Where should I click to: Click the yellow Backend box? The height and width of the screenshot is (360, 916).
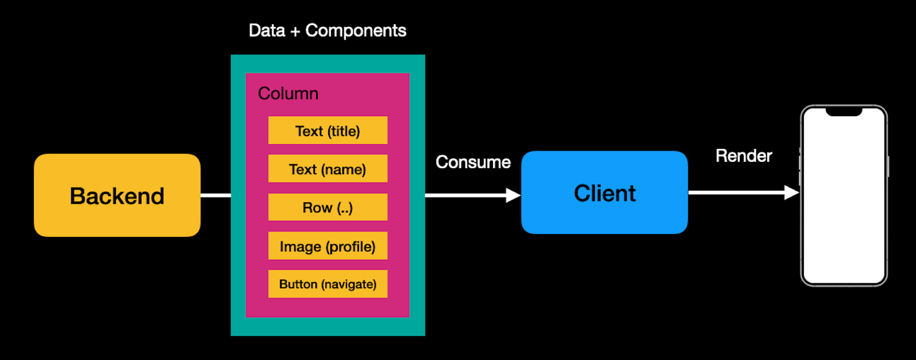[117, 195]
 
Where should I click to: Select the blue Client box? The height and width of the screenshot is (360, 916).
[604, 193]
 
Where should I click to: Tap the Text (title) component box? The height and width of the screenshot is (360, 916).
[327, 130]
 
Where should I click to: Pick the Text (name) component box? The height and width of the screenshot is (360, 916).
[327, 169]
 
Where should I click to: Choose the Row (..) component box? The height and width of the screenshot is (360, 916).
[327, 207]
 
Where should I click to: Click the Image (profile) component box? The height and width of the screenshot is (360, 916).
[327, 246]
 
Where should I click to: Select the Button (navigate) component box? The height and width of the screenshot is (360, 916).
[327, 284]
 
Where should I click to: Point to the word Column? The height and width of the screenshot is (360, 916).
[288, 93]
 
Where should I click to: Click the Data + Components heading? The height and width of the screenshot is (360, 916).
[327, 30]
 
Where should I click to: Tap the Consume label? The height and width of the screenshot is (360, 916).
[473, 162]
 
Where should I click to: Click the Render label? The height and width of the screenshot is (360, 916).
[744, 156]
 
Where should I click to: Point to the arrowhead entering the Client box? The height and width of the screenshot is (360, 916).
[513, 196]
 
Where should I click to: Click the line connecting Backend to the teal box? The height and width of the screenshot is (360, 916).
[215, 196]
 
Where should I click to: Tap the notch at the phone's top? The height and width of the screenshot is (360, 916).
[843, 112]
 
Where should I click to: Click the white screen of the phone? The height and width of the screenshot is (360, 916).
[843, 200]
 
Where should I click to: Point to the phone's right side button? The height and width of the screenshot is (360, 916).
[887, 166]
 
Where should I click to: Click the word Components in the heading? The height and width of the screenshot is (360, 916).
[356, 30]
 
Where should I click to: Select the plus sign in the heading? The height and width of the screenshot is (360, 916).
[295, 31]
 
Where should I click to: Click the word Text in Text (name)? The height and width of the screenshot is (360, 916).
[302, 169]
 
